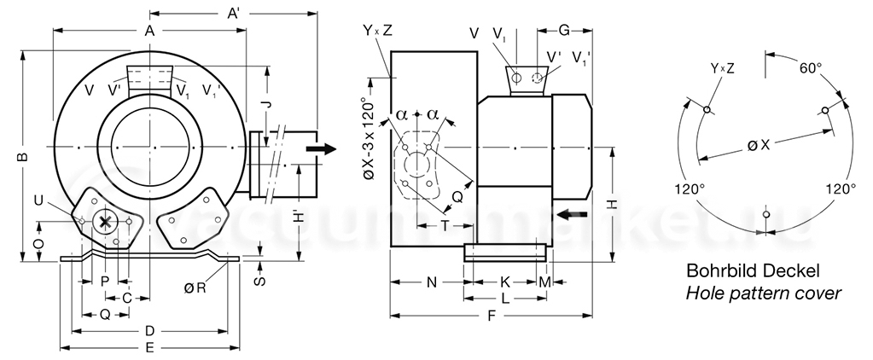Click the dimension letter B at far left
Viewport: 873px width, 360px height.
[23, 156]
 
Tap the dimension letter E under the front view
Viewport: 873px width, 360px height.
[148, 348]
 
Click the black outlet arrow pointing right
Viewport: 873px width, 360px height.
[322, 148]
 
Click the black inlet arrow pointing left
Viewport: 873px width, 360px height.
[573, 214]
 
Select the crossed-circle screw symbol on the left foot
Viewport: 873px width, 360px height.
[104, 223]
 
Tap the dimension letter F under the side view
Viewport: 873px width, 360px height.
[491, 316]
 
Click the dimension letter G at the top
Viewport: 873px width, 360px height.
[563, 31]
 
